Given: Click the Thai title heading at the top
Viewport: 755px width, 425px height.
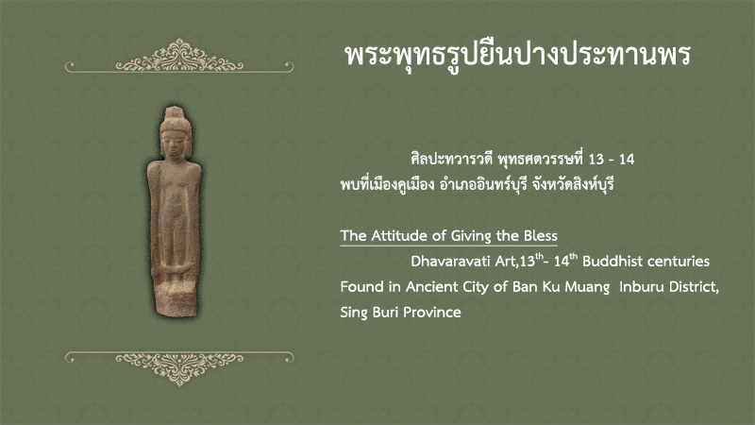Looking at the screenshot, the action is point(518,56).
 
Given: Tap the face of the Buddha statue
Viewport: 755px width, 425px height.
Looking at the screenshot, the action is point(175,143).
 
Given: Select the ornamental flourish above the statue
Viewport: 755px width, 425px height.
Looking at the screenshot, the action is point(179,57).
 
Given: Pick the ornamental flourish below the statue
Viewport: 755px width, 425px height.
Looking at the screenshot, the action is point(179,368).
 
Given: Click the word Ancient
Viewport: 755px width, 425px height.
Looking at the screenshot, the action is point(432,287).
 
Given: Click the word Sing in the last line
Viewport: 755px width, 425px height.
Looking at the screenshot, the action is point(355,314).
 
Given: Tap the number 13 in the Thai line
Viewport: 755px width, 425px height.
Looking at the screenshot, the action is point(596,160).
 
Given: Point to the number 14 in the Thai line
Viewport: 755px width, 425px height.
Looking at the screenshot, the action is point(627,160).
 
